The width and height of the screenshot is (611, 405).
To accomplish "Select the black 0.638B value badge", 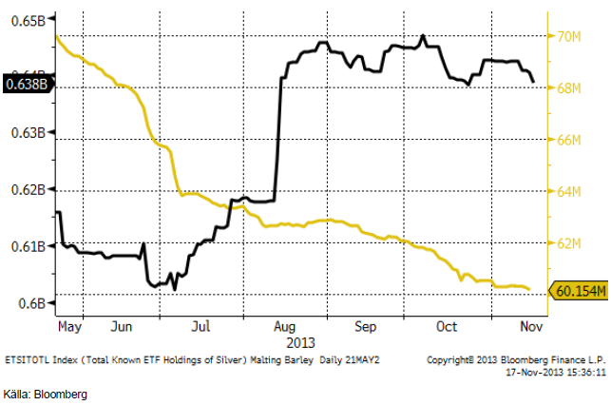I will pos(26,84).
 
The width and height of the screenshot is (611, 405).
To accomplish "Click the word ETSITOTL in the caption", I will pos(30,362).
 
